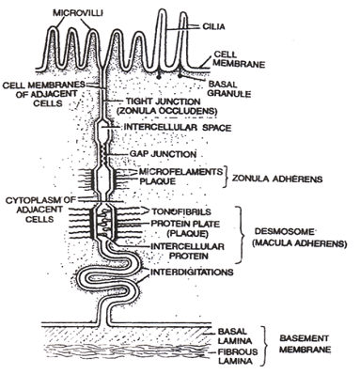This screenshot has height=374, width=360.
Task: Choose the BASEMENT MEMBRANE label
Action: point(306,339)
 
